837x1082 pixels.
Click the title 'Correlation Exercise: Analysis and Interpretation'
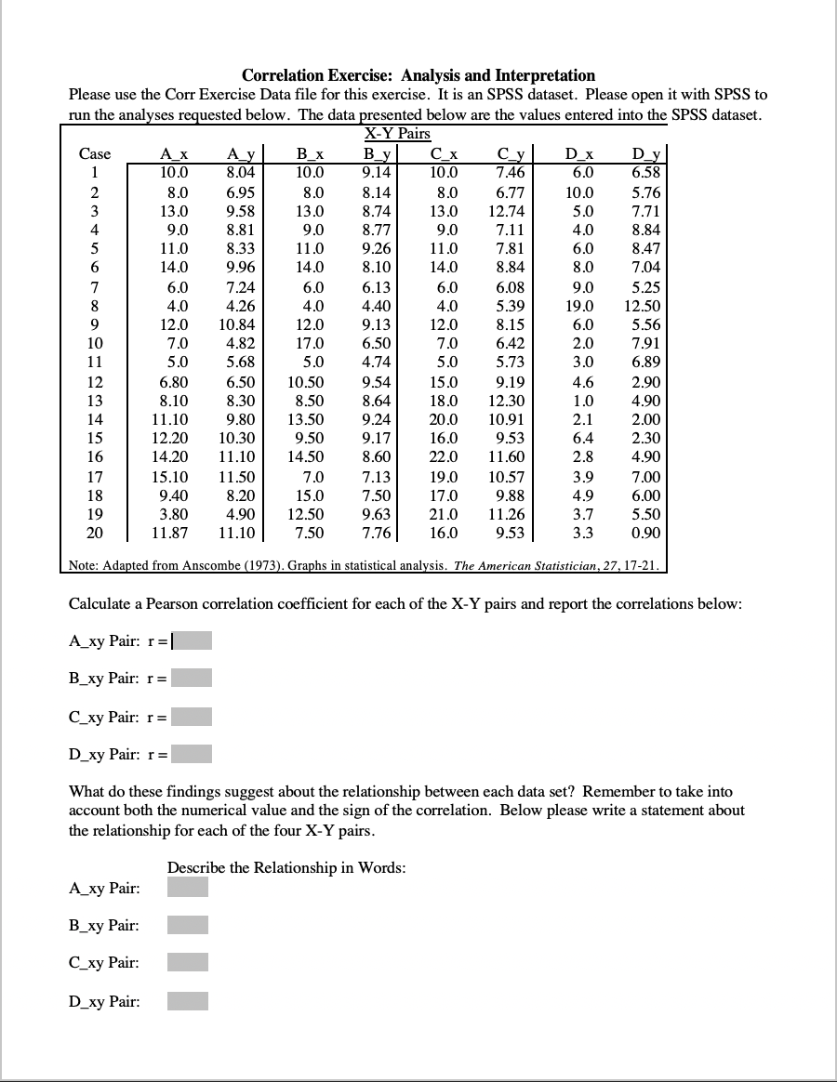pos(418,75)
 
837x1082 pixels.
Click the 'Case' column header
pos(95,153)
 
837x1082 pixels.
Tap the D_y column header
pos(645,153)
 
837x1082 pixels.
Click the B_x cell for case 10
pos(309,344)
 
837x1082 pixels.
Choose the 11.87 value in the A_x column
pos(170,534)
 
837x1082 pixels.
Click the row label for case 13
pos(95,401)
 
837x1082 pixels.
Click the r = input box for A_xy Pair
pos(192,640)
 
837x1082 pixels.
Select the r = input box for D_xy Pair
pos(192,754)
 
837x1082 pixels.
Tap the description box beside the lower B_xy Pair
pos(188,925)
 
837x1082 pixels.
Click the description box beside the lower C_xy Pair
pos(188,962)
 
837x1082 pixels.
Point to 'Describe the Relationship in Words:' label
pos(286,867)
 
